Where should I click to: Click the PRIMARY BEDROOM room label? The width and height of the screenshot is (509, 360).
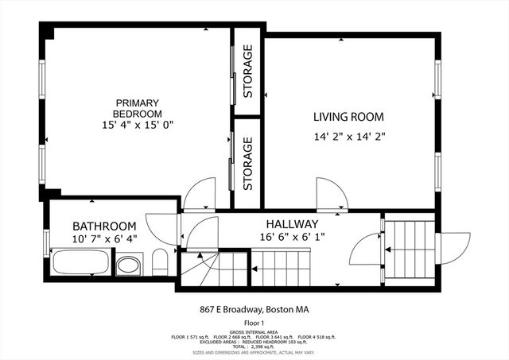pos(138,108)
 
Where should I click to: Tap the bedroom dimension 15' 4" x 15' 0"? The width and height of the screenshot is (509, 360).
pos(138,125)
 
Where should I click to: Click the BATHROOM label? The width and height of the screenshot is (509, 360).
pos(104,226)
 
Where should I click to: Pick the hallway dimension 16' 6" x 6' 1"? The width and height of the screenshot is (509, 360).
pos(292,237)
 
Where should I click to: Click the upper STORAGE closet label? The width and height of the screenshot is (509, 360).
pos(248,71)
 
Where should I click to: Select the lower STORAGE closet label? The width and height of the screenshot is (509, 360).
pos(248,164)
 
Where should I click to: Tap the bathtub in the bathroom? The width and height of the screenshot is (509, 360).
pos(81,263)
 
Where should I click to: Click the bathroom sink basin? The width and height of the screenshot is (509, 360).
pos(129,264)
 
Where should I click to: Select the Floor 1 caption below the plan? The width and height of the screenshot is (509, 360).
pos(254,324)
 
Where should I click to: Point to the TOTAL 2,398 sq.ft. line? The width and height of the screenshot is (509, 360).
pos(254,347)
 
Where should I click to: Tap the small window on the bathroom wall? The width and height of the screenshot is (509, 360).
pos(46,240)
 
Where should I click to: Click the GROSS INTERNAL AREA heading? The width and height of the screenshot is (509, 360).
pos(254,333)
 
